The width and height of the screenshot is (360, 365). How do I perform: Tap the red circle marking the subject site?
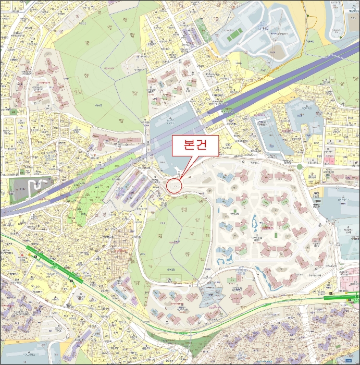coord(174,186)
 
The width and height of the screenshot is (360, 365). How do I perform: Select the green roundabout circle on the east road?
coord(300,167)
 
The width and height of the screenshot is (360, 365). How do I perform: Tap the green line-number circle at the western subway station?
coord(35,257)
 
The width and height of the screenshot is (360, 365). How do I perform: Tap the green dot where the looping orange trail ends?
coord(340,38)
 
